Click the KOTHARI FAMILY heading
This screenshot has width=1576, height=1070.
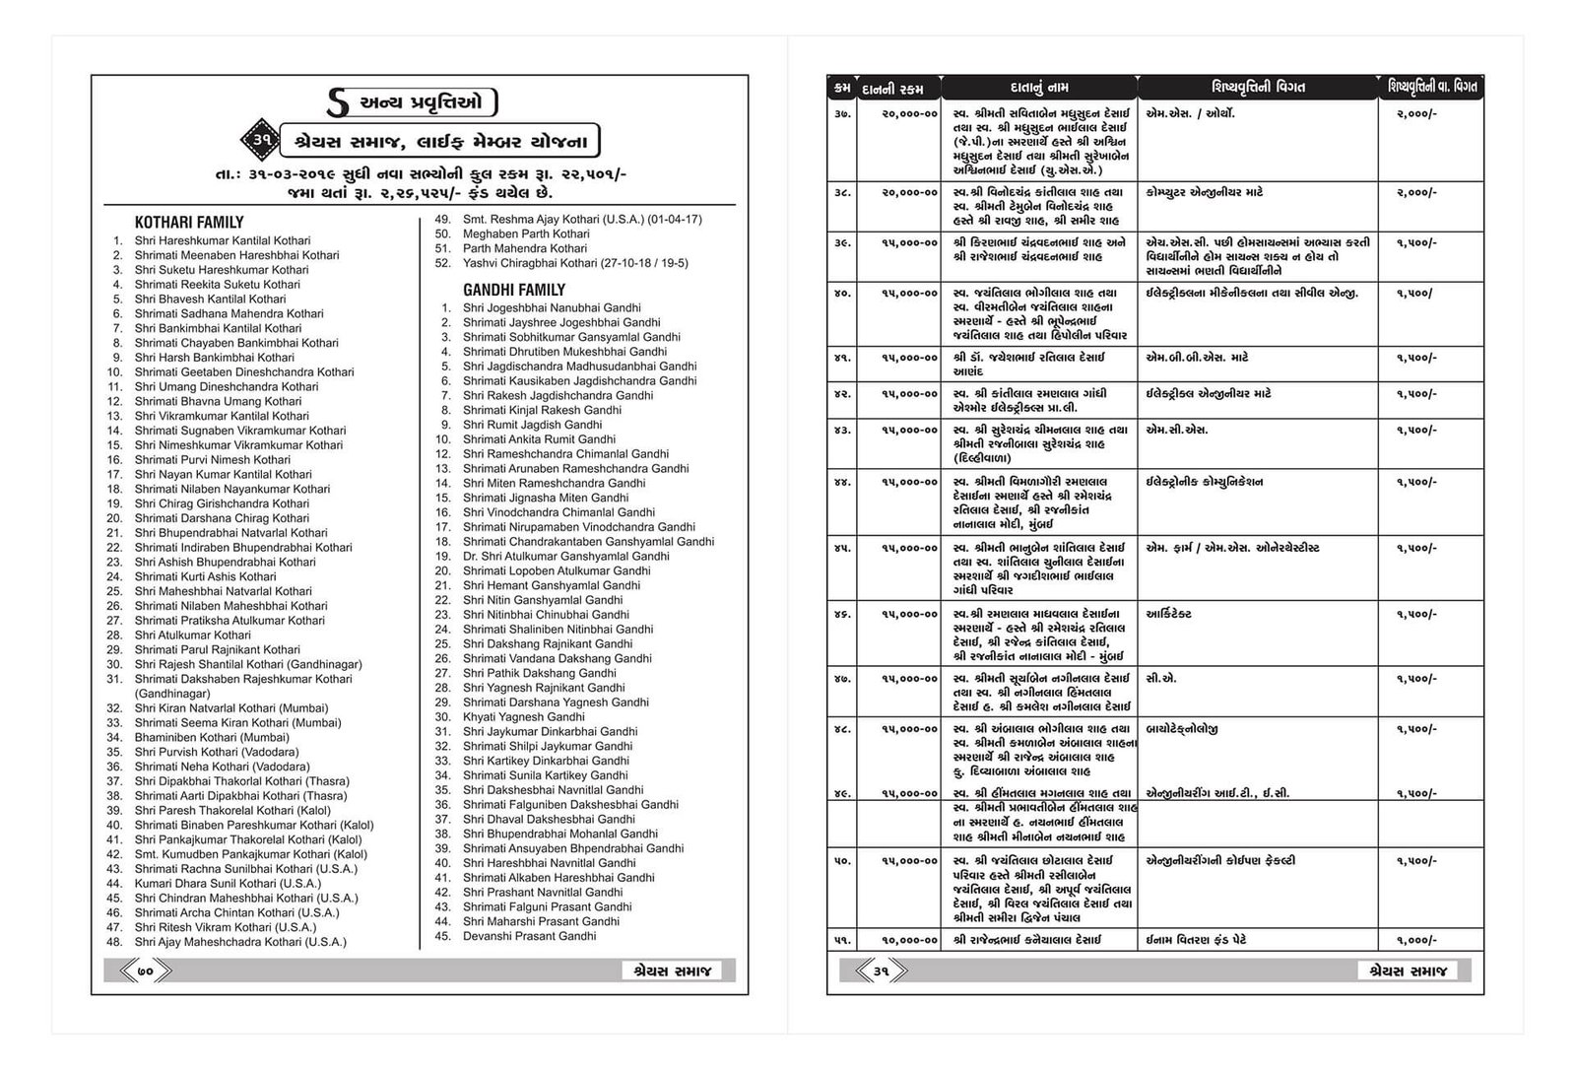tap(188, 223)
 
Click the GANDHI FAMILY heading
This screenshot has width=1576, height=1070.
tap(514, 290)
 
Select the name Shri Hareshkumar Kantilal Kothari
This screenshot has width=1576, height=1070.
tap(222, 240)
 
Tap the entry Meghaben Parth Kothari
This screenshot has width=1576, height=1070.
tap(526, 234)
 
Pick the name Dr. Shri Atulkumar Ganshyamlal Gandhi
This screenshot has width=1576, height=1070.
tap(565, 557)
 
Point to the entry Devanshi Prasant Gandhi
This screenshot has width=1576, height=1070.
tap(529, 936)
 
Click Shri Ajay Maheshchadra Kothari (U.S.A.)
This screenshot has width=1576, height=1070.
tap(240, 942)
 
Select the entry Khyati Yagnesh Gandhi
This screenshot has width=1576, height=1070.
tap(523, 717)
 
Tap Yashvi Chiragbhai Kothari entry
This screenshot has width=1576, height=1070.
tap(575, 263)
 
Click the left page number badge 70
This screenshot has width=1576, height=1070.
tap(146, 971)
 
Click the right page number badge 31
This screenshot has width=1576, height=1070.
tap(881, 971)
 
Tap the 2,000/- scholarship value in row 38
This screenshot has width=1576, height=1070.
tap(1416, 193)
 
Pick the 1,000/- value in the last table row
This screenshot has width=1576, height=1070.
tap(1416, 940)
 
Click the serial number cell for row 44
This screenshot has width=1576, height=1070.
tap(842, 483)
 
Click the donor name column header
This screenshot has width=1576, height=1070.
tap(1039, 88)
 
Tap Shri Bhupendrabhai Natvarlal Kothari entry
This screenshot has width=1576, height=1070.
tap(230, 533)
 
